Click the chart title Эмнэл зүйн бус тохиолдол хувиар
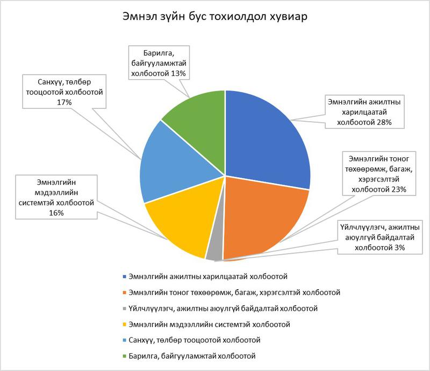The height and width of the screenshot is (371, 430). pyautogui.click(x=214, y=17)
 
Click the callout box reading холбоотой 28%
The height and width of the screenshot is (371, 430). pyautogui.click(x=364, y=112)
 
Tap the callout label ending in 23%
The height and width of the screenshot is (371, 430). pyautogui.click(x=379, y=174)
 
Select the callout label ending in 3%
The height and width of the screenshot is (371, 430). pyautogui.click(x=380, y=237)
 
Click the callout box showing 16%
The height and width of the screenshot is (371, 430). pyautogui.click(x=56, y=197)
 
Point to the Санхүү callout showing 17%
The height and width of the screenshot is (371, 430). pyautogui.click(x=64, y=92)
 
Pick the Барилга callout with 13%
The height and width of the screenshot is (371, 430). pyautogui.click(x=159, y=63)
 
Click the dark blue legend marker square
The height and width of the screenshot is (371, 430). pyautogui.click(x=125, y=276)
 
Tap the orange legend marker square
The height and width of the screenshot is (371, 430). pyautogui.click(x=125, y=292)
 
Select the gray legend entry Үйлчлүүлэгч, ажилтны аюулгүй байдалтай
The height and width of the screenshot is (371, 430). pyautogui.click(x=220, y=309)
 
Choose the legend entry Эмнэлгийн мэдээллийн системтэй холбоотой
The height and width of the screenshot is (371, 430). pyautogui.click(x=206, y=324)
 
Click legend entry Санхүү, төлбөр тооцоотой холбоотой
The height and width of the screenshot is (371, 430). pyautogui.click(x=191, y=340)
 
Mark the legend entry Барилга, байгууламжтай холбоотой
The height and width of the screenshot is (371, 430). pyautogui.click(x=189, y=356)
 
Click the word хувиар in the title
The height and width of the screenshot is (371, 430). pyautogui.click(x=289, y=17)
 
